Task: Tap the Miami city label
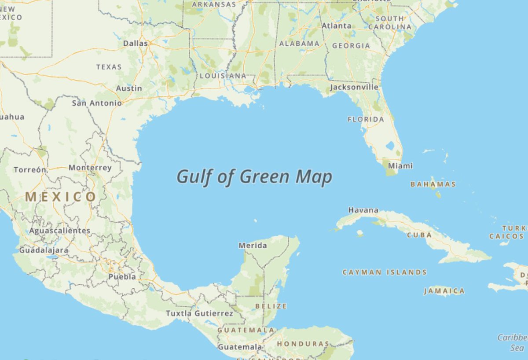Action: [400, 166]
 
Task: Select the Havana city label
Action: [363, 210]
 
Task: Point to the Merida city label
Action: [253, 246]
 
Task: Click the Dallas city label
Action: [135, 43]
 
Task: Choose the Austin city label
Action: [129, 88]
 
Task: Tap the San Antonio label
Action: [97, 103]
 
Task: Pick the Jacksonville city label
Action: [354, 87]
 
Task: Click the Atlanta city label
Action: [337, 26]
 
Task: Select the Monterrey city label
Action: [90, 168]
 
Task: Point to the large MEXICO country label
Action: [60, 197]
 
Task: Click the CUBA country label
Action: [419, 235]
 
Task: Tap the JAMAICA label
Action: [444, 291]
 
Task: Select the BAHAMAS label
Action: [433, 184]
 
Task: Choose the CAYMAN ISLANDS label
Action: [385, 272]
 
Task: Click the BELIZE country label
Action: [271, 306]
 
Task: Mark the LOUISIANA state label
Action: [223, 76]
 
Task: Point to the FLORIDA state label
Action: [366, 119]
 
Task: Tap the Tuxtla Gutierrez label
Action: [199, 313]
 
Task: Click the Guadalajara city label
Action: [44, 250]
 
